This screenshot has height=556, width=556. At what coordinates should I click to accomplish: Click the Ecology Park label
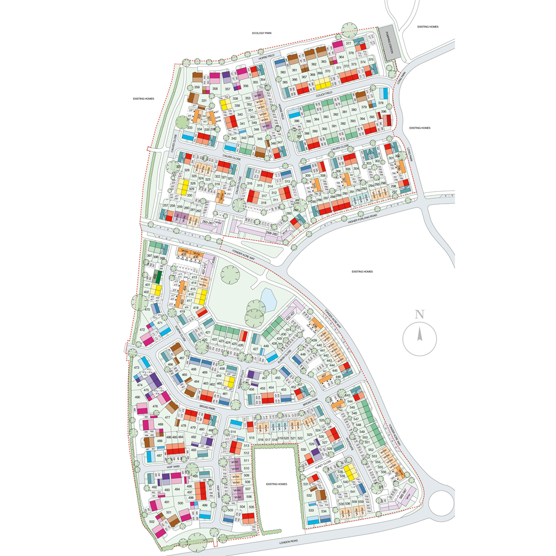tap(262, 33)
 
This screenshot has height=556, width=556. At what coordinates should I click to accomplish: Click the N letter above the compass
tap(419, 314)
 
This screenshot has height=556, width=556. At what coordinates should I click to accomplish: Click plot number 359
tap(197, 87)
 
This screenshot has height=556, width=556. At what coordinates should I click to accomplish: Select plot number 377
tap(349, 43)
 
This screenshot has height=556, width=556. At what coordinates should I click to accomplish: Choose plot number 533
tap(312, 511)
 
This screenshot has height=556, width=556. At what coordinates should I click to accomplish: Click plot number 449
tap(266, 346)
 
